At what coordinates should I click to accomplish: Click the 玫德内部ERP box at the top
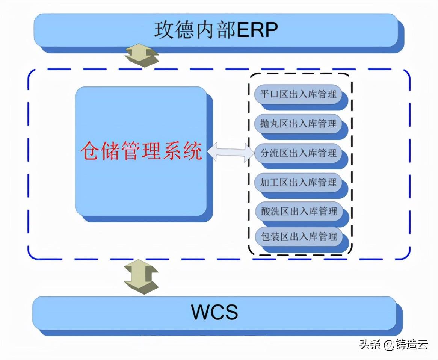[216, 30]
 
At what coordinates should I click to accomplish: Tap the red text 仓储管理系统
[141, 151]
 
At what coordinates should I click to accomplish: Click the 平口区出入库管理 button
[298, 94]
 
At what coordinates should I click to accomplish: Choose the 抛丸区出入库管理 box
[298, 123]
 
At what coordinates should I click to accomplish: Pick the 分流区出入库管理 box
[298, 153]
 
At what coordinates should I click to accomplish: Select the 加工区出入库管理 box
[298, 183]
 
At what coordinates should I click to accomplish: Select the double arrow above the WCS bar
[141, 277]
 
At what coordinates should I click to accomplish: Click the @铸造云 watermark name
[406, 344]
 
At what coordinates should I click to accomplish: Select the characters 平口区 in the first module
[274, 94]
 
